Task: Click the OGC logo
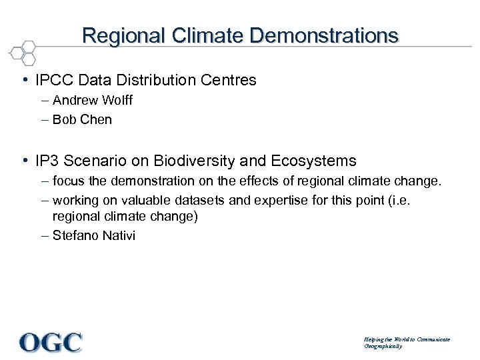(51, 343)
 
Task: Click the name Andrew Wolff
(92, 101)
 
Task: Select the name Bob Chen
(82, 120)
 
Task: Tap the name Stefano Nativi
(93, 235)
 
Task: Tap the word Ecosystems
(313, 161)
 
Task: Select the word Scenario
(95, 161)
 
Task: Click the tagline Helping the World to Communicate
(407, 339)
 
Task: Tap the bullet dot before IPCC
(25, 81)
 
